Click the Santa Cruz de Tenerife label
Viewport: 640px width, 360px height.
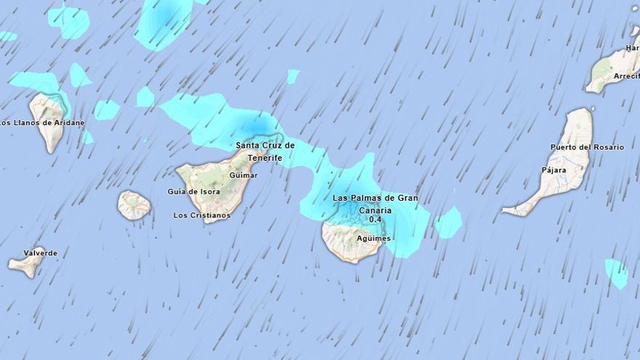pos(265,151)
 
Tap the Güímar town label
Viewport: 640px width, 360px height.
pos(243,175)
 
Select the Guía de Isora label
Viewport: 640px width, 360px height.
pos(193,191)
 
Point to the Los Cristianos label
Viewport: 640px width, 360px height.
pos(201,215)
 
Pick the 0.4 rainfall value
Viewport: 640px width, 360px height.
pos(375,219)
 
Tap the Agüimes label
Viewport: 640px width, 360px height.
pos(374,239)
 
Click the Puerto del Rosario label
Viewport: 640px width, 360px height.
pos(587,147)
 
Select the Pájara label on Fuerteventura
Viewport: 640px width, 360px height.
pos(553,170)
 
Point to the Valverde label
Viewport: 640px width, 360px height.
pos(40,253)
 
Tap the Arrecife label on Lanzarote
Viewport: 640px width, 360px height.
pos(626,76)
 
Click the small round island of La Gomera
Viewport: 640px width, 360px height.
pos(134,205)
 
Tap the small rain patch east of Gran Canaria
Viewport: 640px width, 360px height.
pos(449,222)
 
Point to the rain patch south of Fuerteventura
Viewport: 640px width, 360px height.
pos(617,273)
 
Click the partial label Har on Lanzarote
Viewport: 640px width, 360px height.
pos(632,49)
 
